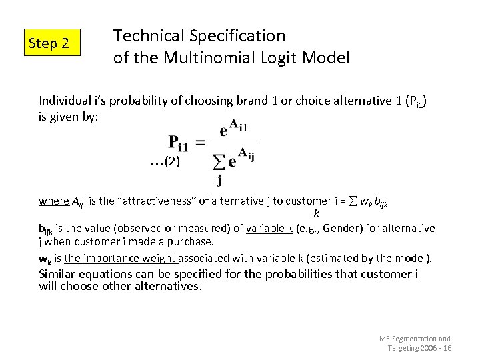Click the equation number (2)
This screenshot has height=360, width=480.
172,161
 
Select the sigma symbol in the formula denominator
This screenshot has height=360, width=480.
217,161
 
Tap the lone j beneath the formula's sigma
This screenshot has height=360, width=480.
219,179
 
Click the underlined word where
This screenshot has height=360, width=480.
53,201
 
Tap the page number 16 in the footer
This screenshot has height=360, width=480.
447,348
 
